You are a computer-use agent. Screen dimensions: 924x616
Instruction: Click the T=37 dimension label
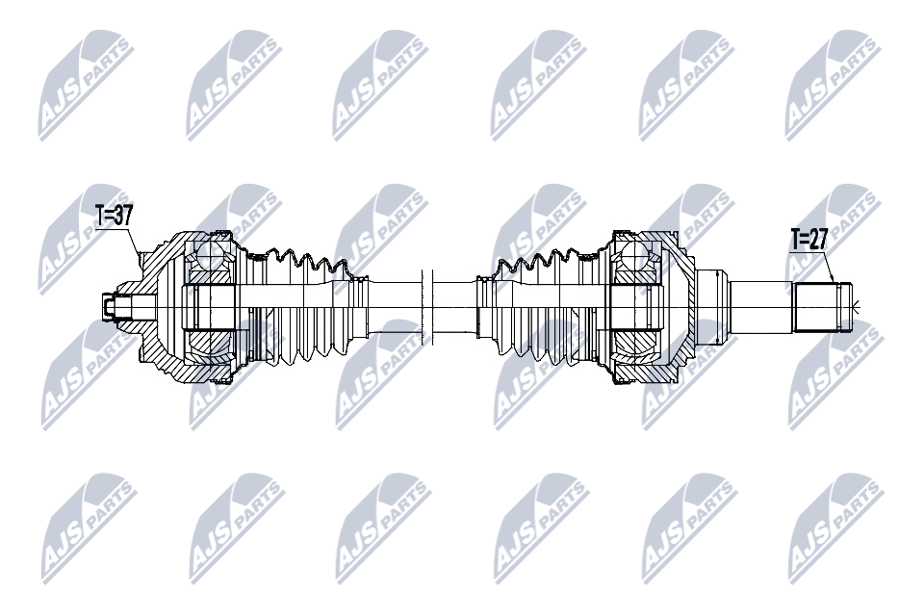click(115, 216)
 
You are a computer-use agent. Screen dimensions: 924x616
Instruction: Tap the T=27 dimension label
click(809, 240)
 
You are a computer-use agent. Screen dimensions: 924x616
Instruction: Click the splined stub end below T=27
click(823, 308)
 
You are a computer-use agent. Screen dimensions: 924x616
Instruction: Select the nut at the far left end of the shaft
click(109, 307)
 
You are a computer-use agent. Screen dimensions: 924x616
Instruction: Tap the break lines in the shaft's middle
click(427, 307)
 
